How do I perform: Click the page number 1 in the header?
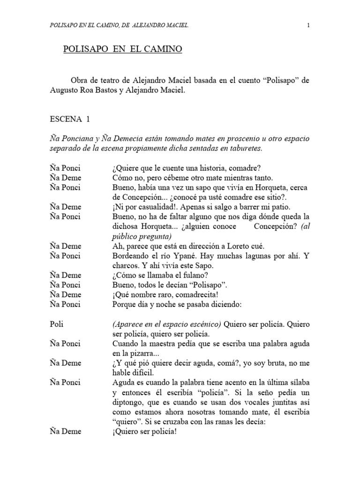coord(308,25)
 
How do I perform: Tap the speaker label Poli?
coord(55,324)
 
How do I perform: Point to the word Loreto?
coord(241,246)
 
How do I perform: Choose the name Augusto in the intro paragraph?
coord(63,90)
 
